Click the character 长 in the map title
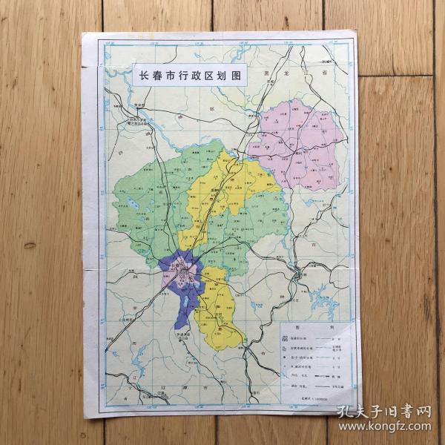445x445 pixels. tap(136, 76)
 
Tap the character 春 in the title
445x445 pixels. tap(150, 76)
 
